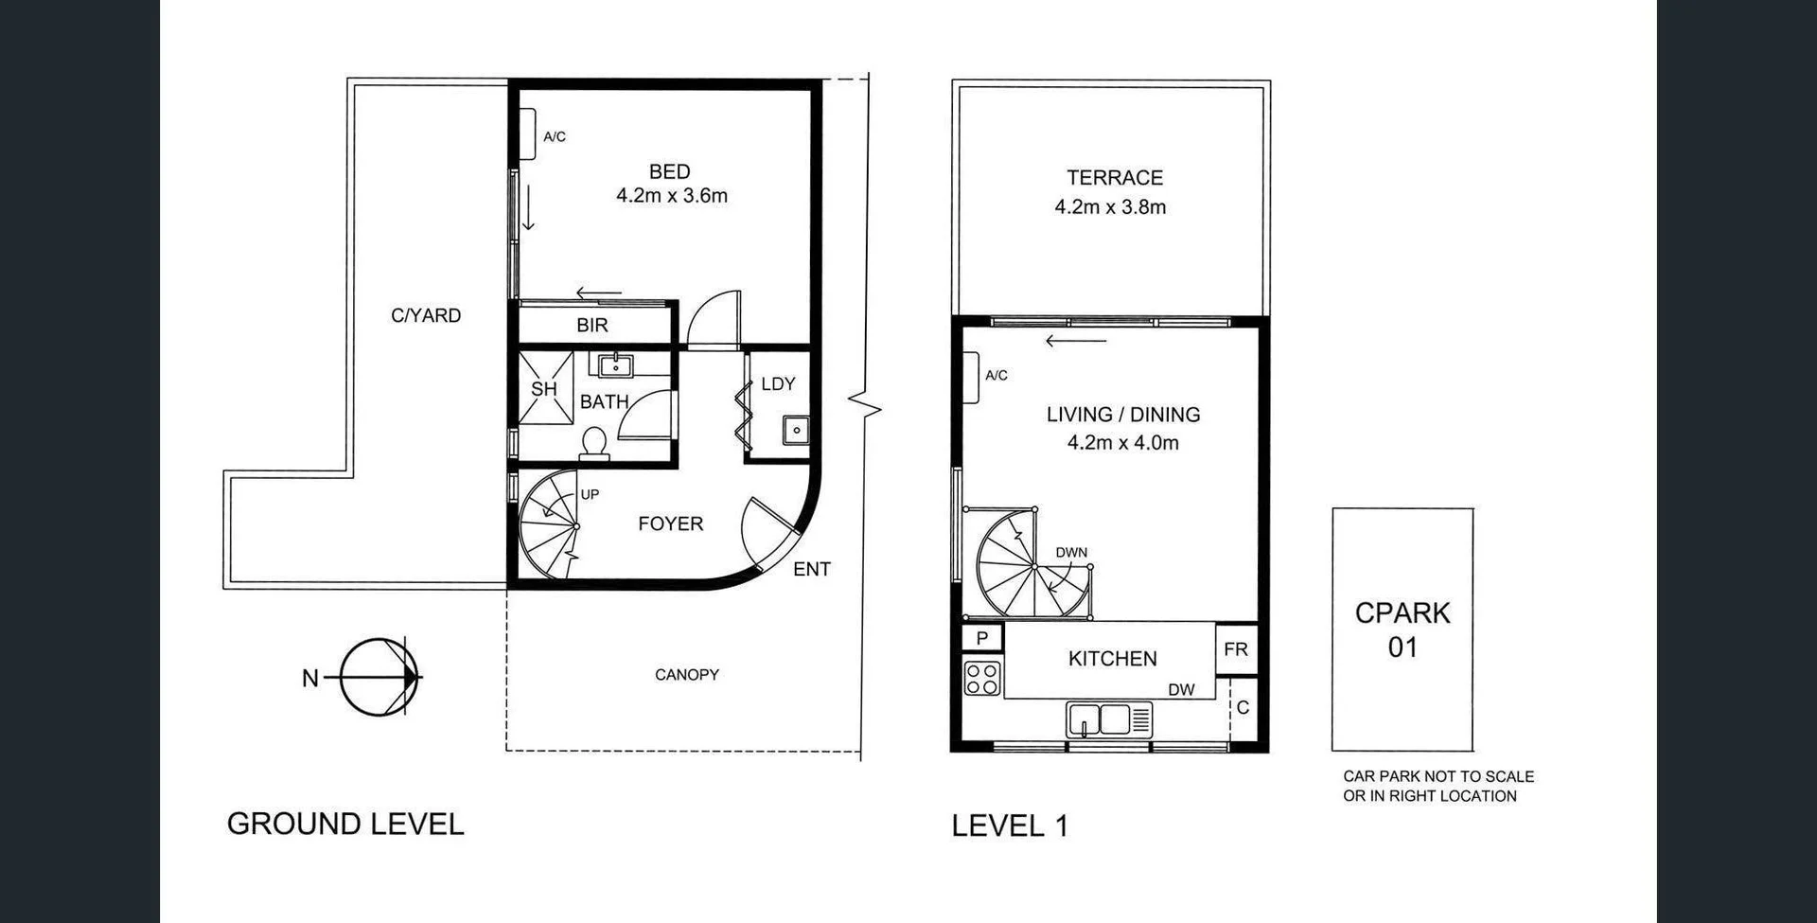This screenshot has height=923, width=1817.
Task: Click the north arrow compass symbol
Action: (379, 677)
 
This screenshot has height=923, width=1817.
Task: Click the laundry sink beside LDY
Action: (796, 430)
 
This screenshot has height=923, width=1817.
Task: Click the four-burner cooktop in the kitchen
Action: (982, 679)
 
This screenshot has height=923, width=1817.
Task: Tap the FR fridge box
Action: (1236, 649)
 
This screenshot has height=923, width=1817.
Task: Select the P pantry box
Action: (982, 638)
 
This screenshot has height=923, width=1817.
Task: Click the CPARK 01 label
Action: (1402, 630)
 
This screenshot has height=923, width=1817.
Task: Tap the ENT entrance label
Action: (812, 569)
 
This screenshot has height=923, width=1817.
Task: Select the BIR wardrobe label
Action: (592, 325)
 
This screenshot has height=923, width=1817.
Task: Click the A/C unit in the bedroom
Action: (527, 134)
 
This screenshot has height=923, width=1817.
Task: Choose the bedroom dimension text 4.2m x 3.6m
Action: (672, 196)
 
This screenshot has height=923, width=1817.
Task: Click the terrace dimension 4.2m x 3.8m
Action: (1110, 206)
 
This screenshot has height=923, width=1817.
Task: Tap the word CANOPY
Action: (687, 675)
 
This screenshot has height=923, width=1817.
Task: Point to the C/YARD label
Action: (426, 315)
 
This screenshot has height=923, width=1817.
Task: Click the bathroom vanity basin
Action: (616, 364)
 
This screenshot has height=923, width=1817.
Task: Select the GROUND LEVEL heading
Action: (345, 824)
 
